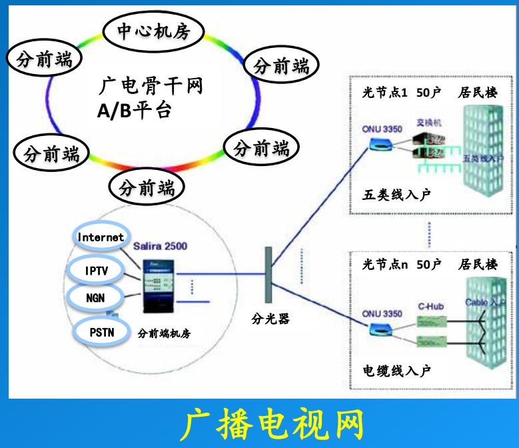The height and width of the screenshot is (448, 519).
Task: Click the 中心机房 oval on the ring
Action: [154, 31]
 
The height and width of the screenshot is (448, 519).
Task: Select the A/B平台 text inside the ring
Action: [134, 110]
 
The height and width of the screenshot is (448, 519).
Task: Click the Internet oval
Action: [101, 237]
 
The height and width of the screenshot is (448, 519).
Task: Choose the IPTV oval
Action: [96, 270]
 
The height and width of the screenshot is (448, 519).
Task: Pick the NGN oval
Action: [95, 297]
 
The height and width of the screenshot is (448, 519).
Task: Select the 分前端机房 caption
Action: [163, 333]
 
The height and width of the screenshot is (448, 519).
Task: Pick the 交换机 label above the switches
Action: [430, 123]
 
